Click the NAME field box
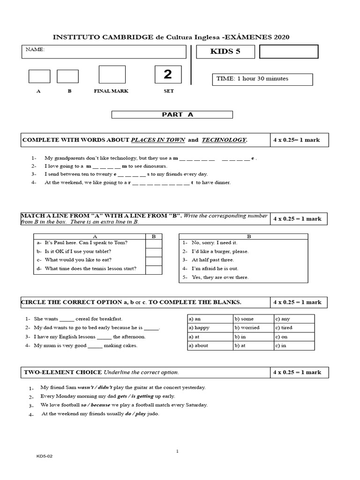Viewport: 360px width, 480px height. (x=104, y=52)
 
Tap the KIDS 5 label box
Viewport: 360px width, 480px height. (x=225, y=52)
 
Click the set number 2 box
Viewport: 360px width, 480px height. (x=168, y=75)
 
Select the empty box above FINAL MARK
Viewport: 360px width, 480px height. (x=112, y=75)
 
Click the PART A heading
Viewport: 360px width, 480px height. (x=172, y=114)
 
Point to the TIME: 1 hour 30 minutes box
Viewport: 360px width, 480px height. (x=262, y=79)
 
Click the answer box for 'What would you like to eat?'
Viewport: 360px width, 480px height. (x=153, y=260)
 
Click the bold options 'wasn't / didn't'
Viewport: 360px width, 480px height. (x=95, y=388)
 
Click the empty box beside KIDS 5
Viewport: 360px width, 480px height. (x=288, y=52)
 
